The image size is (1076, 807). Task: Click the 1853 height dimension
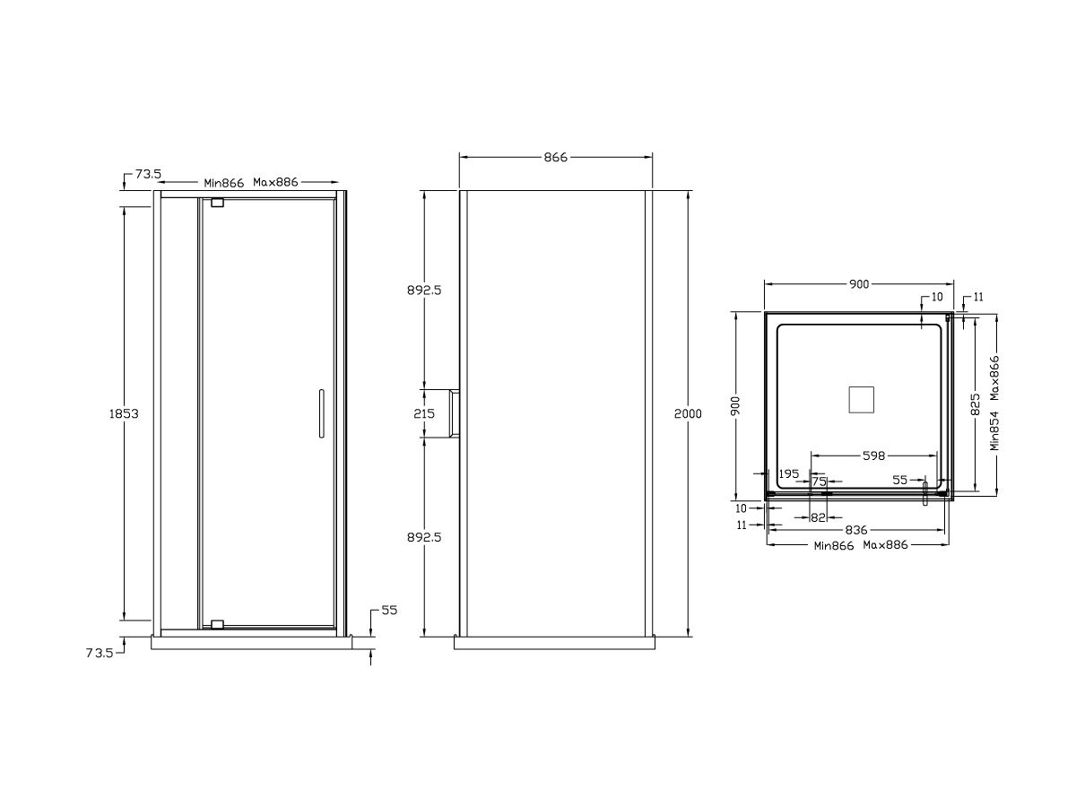123,413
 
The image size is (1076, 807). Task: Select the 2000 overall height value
689,413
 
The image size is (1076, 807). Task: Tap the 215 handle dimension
424,414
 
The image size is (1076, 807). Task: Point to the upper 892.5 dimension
425,291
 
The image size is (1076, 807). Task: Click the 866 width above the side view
556,157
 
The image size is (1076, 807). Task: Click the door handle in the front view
318,413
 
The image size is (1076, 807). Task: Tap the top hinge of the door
217,204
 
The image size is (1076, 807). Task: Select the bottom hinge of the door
217,623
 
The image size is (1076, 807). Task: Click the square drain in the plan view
862,398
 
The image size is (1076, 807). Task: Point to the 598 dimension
874,456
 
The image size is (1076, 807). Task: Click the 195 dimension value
789,473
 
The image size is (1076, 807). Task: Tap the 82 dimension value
818,517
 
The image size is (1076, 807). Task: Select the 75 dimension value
820,482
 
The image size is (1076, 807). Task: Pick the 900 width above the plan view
859,284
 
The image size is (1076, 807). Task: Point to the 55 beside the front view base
389,610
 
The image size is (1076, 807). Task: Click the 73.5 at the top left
147,175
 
